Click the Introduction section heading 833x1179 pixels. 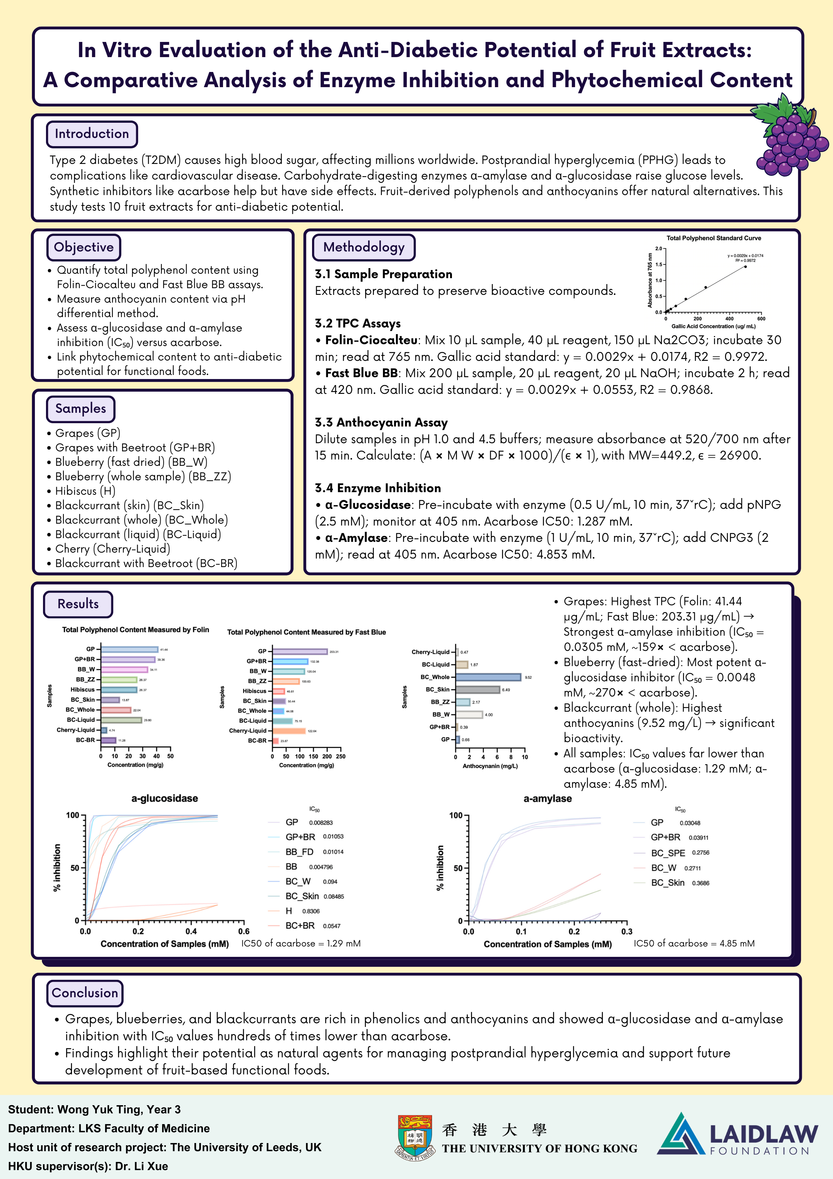pos(92,134)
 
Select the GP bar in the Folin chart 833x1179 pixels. pos(129,649)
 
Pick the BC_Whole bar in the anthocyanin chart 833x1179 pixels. pos(488,677)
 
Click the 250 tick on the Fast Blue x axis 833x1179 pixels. pos(341,756)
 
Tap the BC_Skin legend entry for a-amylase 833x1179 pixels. pos(668,883)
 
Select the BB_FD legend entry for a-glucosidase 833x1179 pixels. pos(299,852)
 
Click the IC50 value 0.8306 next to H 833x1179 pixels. pos(311,911)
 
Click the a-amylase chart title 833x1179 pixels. pos(547,798)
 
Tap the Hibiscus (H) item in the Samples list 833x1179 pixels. pos(85,491)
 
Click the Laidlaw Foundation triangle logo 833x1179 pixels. pos(680,1134)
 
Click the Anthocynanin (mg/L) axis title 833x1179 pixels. pos(490,766)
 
